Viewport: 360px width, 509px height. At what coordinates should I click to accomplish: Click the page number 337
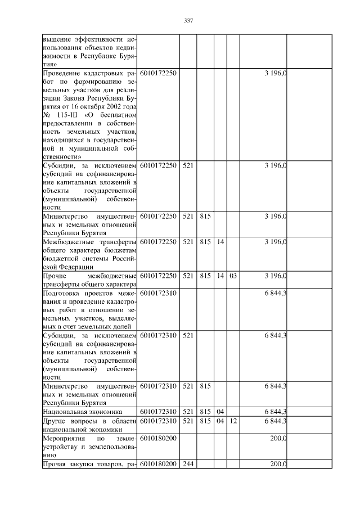[188, 21]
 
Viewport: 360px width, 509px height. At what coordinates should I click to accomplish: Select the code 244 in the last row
[188, 464]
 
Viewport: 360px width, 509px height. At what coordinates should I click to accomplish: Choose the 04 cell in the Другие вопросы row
[220, 421]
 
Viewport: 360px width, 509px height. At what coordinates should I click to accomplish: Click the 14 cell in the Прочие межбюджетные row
[220, 276]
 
